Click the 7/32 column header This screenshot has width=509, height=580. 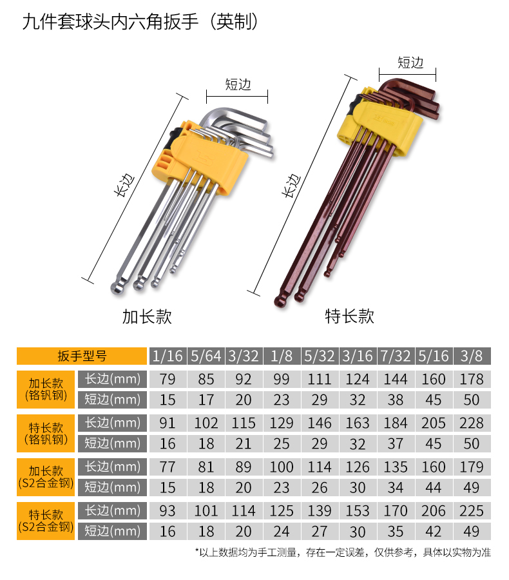tap(396, 356)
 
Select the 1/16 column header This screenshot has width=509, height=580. tap(168, 356)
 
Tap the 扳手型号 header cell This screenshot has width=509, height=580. tap(82, 356)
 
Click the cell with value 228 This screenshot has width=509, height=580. tap(472, 423)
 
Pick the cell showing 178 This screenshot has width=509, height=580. tap(472, 379)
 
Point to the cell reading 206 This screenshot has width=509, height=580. tap(434, 511)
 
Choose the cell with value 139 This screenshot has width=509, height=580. tap(320, 511)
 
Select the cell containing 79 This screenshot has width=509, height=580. tap(168, 379)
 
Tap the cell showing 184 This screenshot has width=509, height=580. tap(396, 423)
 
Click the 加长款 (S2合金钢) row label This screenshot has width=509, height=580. tap(46, 477)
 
